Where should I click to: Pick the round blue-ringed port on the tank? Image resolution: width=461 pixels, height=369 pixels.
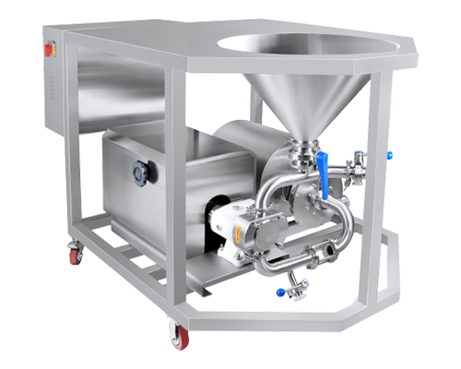click(140, 172)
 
